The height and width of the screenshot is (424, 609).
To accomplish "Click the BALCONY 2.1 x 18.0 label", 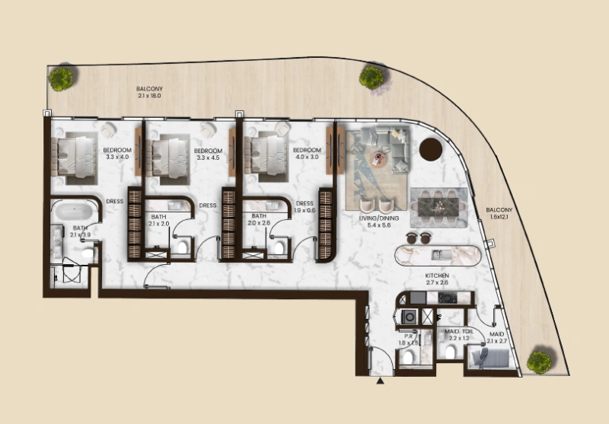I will coord(149,93).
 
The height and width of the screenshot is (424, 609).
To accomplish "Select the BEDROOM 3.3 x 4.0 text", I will coord(117,154).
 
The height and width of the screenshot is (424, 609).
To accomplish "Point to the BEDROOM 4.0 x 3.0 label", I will coord(308,154).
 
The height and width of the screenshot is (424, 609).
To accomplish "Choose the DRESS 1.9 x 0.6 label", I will coord(304,207).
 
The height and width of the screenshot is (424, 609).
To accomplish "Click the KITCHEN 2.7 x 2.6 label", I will coord(438,279).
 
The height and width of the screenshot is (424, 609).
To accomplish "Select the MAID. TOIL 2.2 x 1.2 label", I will coord(460,335).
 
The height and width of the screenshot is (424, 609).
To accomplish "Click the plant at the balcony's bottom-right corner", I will coord(539,360).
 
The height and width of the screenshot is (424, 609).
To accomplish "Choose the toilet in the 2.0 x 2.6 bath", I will coord(279,246).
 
